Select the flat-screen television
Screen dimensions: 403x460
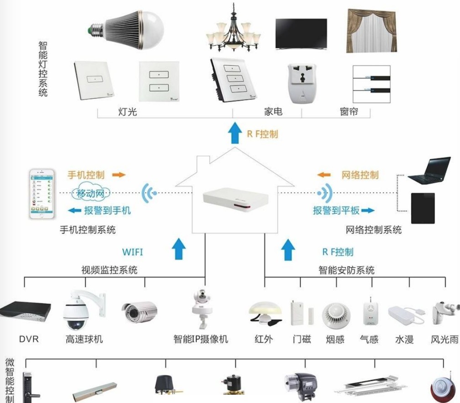pyautogui.click(x=301, y=33)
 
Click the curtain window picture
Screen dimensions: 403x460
pyautogui.click(x=369, y=31)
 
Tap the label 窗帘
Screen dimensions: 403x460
pyautogui.click(x=349, y=111)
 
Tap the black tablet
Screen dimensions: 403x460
pyautogui.click(x=423, y=208)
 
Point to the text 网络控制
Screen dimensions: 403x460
pyautogui.click(x=360, y=175)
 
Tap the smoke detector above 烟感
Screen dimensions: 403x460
pyautogui.click(x=336, y=314)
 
